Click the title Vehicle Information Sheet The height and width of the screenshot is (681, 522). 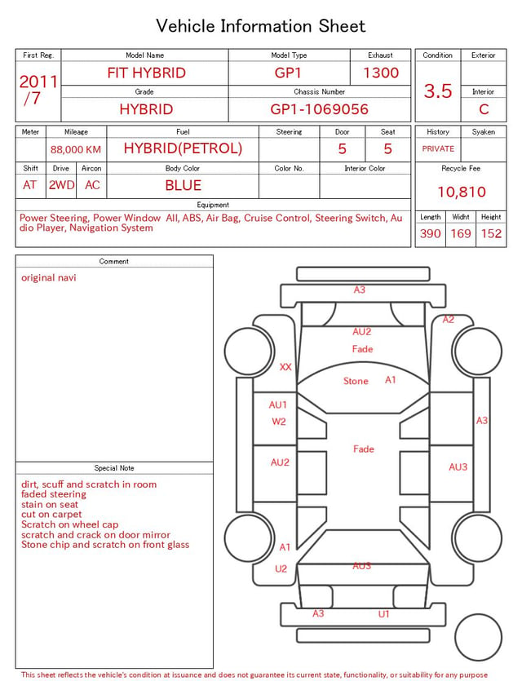260,26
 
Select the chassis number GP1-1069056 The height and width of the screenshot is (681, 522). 319,109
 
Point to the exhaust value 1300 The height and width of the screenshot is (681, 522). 381,73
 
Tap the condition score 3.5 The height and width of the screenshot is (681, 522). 438,91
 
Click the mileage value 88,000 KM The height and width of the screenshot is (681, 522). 76,150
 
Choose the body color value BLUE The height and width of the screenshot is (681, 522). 184,185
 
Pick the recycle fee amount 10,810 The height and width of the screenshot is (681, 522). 461,192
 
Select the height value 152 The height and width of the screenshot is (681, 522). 491,233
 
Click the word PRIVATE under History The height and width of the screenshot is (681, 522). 438,148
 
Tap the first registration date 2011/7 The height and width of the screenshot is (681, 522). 38,90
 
